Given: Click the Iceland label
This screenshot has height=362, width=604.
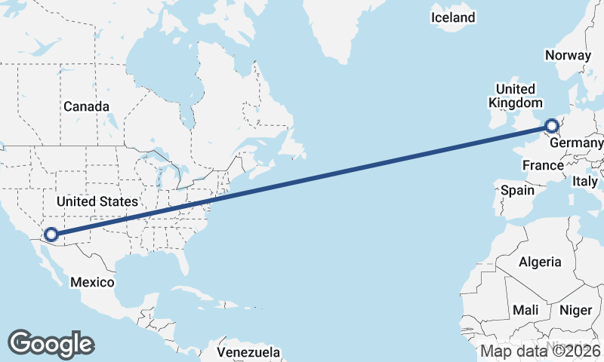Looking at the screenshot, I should coord(453,17).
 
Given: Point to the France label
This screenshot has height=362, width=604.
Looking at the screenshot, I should coord(543,165).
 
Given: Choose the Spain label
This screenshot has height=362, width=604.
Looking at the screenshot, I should coord(517,191).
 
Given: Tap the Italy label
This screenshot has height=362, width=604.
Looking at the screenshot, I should coord(585,181).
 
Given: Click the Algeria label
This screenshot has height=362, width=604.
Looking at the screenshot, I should coord(540,262).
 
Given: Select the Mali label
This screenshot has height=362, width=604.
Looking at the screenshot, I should coord(525,310).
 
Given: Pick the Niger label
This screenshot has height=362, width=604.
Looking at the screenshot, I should coord(576,310).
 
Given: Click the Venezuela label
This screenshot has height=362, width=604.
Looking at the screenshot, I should coord(248,352).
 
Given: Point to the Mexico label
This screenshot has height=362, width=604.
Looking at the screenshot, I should coord(91,282).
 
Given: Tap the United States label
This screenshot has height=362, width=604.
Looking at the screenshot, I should coord(97,201).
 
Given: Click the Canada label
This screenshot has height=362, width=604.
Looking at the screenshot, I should coord(86,106).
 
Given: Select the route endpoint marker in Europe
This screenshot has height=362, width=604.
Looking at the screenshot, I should coord(552,126).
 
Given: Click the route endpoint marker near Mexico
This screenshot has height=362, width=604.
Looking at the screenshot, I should coord(51,235).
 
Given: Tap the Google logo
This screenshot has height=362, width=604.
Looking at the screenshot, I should coord(51,343).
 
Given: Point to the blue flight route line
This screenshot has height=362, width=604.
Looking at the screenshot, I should coord(302,180).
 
